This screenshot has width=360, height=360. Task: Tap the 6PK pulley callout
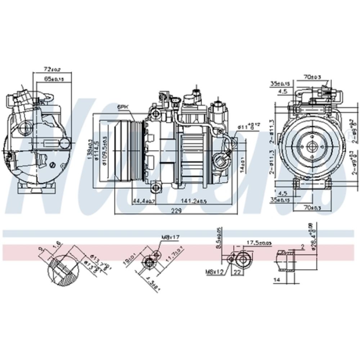(122, 107)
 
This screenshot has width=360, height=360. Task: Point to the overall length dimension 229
(176, 212)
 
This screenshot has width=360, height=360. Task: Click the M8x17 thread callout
(170, 238)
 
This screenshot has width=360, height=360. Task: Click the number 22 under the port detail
(237, 273)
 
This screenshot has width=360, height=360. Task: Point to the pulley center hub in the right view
(311, 147)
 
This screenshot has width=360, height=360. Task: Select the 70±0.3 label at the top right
(312, 76)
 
